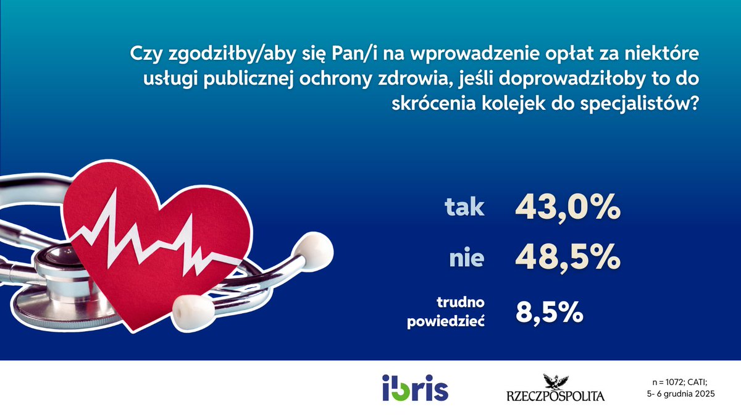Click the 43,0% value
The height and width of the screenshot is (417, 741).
tap(567, 208)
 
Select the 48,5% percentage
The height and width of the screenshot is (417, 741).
tap(567, 257)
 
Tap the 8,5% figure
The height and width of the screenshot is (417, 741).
tap(550, 312)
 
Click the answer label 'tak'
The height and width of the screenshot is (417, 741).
tap(465, 208)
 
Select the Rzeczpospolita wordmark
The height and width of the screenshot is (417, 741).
tap(555, 396)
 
